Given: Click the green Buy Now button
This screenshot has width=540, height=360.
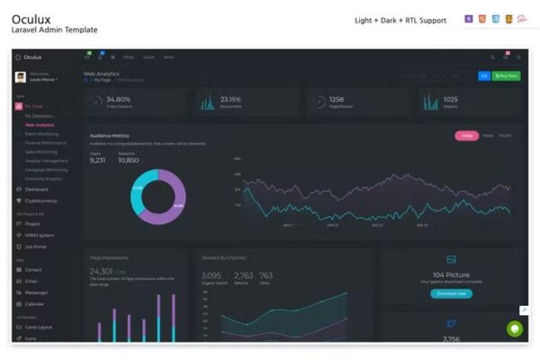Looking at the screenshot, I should [x=508, y=76].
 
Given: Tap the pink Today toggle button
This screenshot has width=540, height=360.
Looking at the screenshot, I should [x=466, y=136].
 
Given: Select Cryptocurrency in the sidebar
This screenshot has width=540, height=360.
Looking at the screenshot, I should [x=41, y=201].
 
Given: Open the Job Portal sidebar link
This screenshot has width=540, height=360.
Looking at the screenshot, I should [x=36, y=246].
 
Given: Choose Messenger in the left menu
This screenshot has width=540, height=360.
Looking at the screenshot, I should [x=37, y=292].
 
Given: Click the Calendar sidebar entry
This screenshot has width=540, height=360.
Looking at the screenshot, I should [x=35, y=304].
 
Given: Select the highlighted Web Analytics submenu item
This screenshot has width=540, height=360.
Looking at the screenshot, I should [x=40, y=125].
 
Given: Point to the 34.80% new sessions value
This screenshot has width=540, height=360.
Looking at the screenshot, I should [x=118, y=99].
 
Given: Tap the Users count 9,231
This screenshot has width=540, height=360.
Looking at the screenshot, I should [x=98, y=160].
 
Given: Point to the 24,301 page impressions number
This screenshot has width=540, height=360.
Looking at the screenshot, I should [x=102, y=271].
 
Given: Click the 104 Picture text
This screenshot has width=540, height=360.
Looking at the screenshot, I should [x=451, y=274].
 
